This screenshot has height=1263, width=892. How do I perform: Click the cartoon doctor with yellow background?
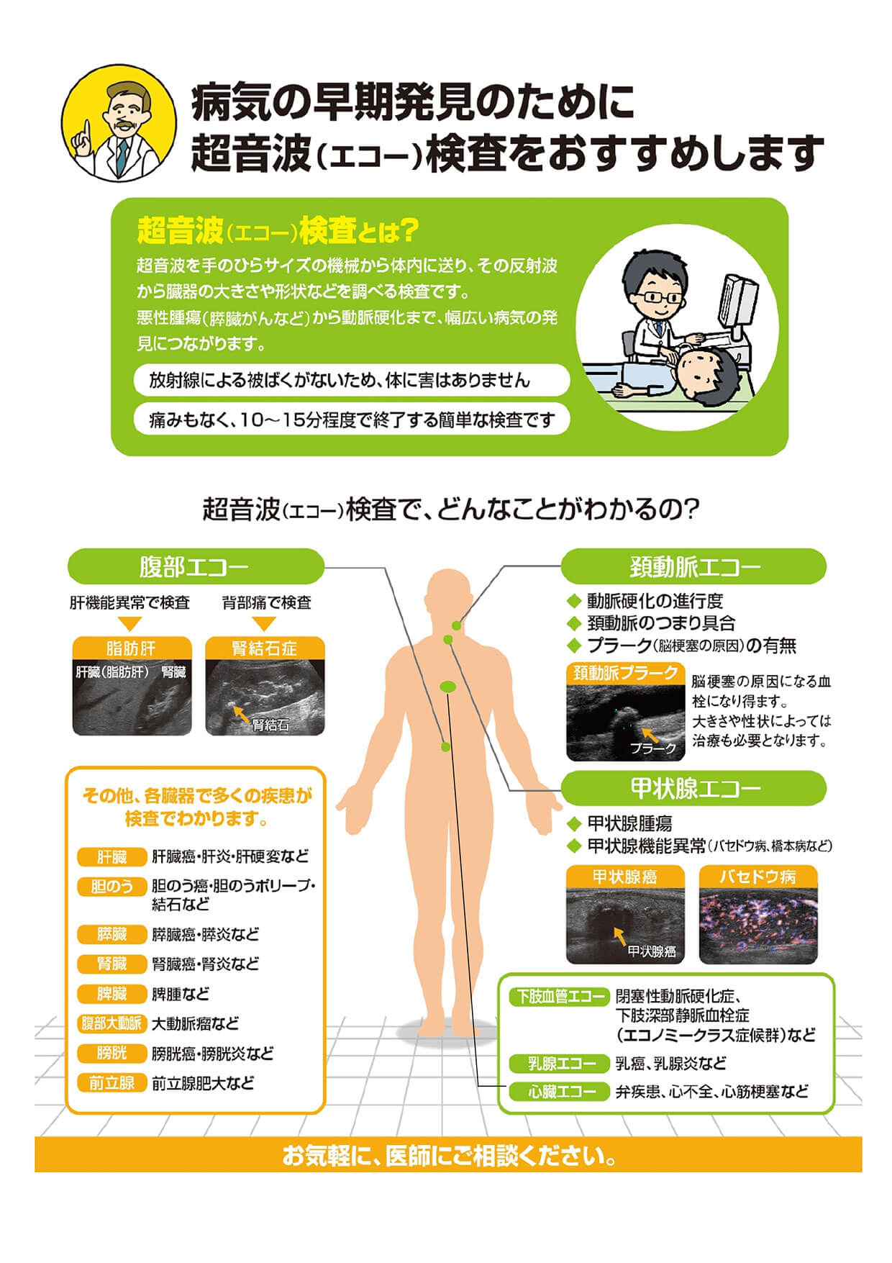[119, 122]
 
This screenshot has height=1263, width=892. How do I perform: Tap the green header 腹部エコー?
[196, 566]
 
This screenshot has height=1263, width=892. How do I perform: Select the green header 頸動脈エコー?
[693, 566]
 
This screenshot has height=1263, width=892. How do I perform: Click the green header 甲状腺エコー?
[693, 788]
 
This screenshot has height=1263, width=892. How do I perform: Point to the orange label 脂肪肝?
[132, 648]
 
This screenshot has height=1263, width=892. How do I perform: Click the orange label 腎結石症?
[265, 648]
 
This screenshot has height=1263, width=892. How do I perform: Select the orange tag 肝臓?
[112, 856]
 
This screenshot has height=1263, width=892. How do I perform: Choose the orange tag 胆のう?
[112, 887]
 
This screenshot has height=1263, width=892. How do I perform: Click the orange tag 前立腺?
[112, 1083]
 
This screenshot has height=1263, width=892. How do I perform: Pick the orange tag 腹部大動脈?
[112, 1023]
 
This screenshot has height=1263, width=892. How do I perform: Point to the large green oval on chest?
[447, 687]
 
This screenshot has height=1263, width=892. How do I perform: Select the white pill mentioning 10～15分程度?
[352, 420]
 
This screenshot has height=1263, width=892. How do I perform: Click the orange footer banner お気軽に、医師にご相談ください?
[448, 1156]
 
